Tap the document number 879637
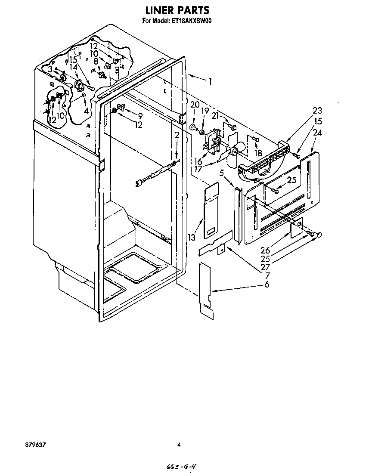[x=36, y=445]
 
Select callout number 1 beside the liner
[x=210, y=81]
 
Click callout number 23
[x=317, y=111]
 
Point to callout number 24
[x=317, y=133]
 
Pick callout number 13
[x=192, y=238]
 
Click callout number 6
[x=267, y=284]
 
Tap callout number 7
[x=267, y=275]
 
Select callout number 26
[x=265, y=250]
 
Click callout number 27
[x=265, y=267]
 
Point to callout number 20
[x=195, y=105]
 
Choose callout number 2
[x=177, y=135]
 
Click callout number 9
[x=140, y=116]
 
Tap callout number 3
[x=50, y=69]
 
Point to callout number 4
[x=86, y=111]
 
